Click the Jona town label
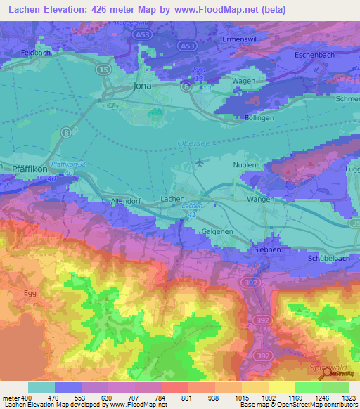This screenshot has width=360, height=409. pyautogui.click(x=143, y=86)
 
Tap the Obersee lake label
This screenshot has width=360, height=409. pyautogui.click(x=188, y=143)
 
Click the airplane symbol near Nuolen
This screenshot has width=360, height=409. pyautogui.click(x=200, y=162)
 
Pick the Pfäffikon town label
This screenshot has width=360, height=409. pyautogui.click(x=30, y=169)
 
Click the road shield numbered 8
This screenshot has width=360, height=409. pyautogui.click(x=65, y=131)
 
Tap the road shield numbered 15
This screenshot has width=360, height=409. pyautogui.click(x=103, y=70)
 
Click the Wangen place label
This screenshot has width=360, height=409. pyautogui.click(x=259, y=200)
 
